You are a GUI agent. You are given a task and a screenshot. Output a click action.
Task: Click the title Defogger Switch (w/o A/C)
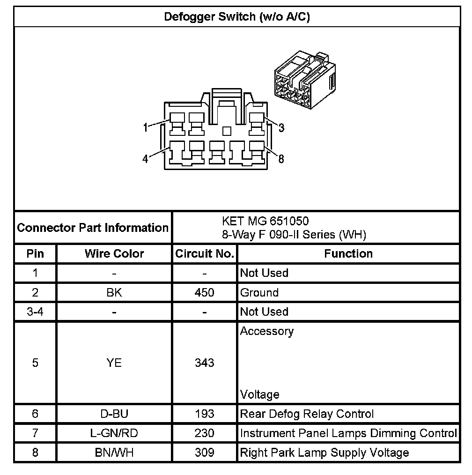236,17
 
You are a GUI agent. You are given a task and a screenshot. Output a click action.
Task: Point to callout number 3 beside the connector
281,127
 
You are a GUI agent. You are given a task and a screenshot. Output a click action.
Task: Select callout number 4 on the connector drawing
146,159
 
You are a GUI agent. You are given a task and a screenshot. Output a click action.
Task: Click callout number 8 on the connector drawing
281,159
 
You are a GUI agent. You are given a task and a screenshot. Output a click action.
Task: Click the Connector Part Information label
93,228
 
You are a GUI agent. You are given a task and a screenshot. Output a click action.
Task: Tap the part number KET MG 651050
265,221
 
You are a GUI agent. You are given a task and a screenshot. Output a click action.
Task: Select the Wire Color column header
114,254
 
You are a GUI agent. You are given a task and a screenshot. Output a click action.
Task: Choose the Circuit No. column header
205,254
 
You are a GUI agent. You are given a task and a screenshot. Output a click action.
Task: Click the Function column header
348,254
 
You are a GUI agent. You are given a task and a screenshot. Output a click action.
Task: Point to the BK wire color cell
114,293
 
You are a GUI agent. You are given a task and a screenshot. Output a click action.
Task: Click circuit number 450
205,293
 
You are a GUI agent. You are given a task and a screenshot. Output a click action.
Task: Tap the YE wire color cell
114,363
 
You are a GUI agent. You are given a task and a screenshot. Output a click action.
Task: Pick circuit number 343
205,363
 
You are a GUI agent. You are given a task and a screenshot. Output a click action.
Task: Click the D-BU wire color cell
114,414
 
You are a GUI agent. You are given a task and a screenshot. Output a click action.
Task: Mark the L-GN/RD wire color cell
114,433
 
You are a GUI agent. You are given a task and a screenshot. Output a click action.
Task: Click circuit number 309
205,453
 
